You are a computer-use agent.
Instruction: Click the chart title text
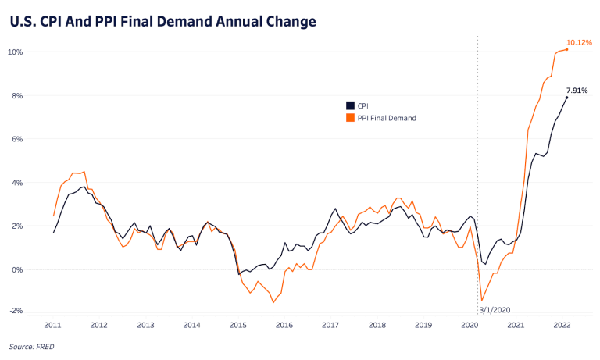click(x=162, y=21)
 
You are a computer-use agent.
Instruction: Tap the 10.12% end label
click(x=579, y=42)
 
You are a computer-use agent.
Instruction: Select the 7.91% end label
click(x=577, y=91)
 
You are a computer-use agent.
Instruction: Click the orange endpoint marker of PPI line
click(x=566, y=50)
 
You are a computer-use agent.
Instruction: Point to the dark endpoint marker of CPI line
click(x=566, y=98)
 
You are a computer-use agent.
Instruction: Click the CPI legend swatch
click(x=349, y=105)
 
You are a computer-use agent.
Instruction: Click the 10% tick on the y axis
click(x=16, y=52)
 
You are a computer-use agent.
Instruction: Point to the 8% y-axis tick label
click(x=17, y=95)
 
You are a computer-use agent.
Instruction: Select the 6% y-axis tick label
click(x=17, y=139)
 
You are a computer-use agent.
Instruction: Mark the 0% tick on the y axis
click(x=17, y=269)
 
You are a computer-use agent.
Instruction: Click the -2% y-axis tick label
click(x=16, y=310)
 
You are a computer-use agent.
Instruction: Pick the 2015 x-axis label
click(x=238, y=324)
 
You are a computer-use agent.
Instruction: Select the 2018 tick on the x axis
click(x=377, y=324)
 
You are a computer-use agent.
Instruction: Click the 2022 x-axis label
click(x=562, y=324)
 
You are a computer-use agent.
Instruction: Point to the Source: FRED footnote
click(x=32, y=346)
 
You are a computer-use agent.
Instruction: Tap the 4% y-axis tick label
click(x=17, y=183)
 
